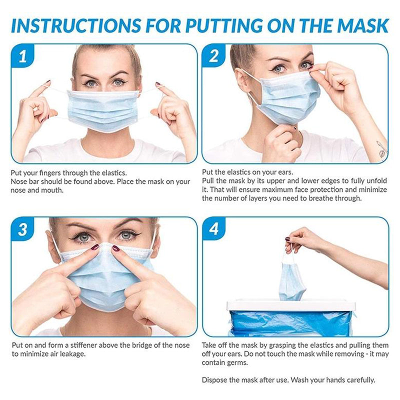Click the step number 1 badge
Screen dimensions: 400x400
tap(22, 56)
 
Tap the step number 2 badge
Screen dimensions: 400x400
tap(213, 56)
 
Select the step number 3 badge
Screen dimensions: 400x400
tap(22, 229)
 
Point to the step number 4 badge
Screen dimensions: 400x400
tap(214, 228)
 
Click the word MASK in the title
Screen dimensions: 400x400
tap(364, 25)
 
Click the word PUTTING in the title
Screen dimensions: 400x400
tap(224, 25)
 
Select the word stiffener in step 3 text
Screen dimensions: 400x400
tap(83, 345)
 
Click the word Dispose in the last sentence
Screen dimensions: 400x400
tap(214, 380)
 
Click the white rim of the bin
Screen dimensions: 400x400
tap(291, 305)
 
